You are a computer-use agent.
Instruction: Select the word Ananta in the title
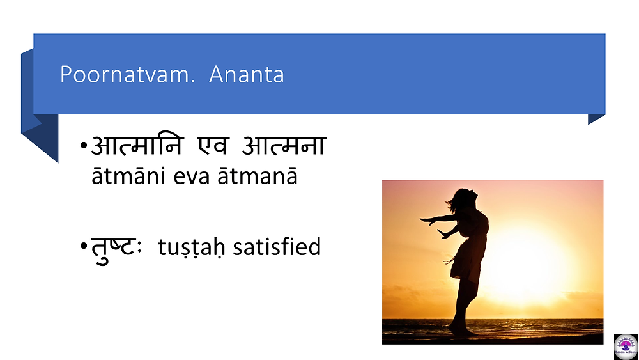247,74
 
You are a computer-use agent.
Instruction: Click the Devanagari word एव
213,145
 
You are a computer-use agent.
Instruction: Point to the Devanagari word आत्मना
284,145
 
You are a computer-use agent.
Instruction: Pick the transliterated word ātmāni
128,176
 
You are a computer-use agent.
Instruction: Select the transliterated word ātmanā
258,176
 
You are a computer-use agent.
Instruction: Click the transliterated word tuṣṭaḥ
191,247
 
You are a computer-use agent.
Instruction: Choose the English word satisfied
277,247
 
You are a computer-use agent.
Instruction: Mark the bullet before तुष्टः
84,246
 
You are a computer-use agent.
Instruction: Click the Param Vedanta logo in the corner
626,347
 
